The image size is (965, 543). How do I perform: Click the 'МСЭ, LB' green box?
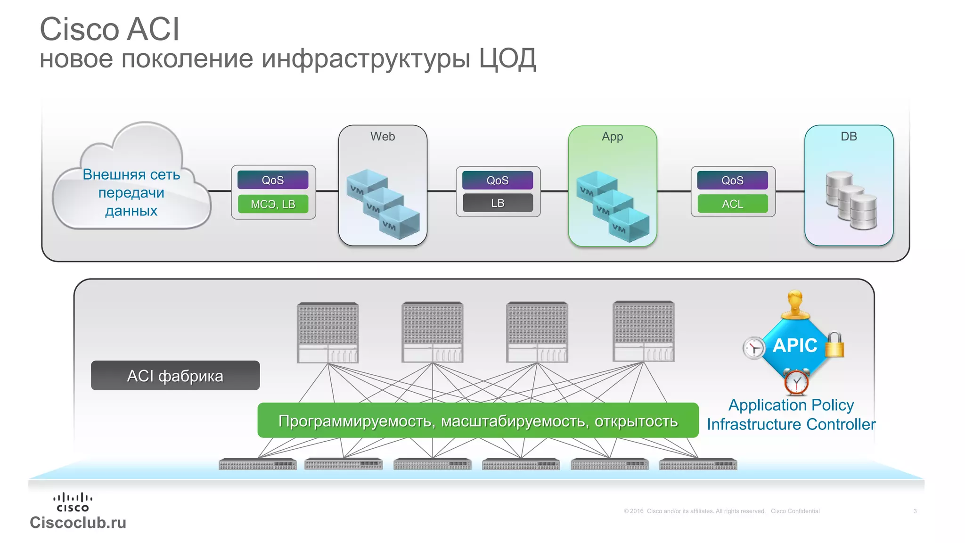pyautogui.click(x=273, y=204)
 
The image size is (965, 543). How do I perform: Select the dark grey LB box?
pyautogui.click(x=498, y=203)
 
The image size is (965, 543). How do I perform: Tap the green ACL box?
pyautogui.click(x=732, y=204)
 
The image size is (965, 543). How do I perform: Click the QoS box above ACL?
pyautogui.click(x=732, y=180)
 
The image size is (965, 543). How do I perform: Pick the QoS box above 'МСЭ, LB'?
pyautogui.click(x=273, y=180)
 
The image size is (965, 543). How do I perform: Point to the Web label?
pyautogui.click(x=383, y=137)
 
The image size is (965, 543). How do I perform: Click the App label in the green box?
pyautogui.click(x=612, y=137)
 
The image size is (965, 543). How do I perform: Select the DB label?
pyautogui.click(x=849, y=137)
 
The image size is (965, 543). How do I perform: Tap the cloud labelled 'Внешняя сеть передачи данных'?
pyautogui.click(x=131, y=189)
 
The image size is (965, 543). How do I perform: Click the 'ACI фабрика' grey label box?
pyautogui.click(x=175, y=376)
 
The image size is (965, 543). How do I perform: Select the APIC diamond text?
pyautogui.click(x=795, y=346)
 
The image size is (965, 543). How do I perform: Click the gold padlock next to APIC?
pyautogui.click(x=834, y=345)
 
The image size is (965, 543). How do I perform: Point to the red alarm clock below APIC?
pyautogui.click(x=796, y=381)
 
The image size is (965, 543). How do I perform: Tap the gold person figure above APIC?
pyautogui.click(x=795, y=305)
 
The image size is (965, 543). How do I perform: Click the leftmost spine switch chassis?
pyautogui.click(x=328, y=333)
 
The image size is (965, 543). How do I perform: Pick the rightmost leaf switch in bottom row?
pyautogui.click(x=698, y=464)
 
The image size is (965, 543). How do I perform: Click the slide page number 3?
pyautogui.click(x=915, y=511)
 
